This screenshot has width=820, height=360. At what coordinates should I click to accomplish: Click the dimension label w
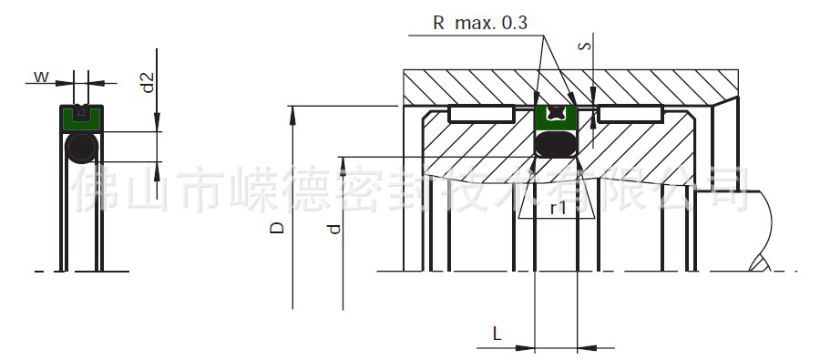click(41, 77)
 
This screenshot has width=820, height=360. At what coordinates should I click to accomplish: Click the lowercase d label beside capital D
click(334, 229)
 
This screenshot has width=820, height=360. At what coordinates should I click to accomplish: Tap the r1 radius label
click(558, 208)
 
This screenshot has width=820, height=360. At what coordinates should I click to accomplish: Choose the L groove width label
click(497, 334)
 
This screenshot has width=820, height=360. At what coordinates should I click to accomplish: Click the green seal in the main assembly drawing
click(554, 118)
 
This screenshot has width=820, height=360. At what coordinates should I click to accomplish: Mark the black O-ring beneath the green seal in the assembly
click(554, 144)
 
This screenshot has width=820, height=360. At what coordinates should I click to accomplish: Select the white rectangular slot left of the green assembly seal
click(482, 115)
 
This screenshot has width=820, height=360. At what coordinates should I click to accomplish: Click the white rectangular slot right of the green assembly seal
click(629, 115)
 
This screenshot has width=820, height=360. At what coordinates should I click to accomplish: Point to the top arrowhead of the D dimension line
click(292, 112)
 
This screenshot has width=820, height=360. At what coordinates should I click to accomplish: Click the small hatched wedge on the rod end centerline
click(759, 264)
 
